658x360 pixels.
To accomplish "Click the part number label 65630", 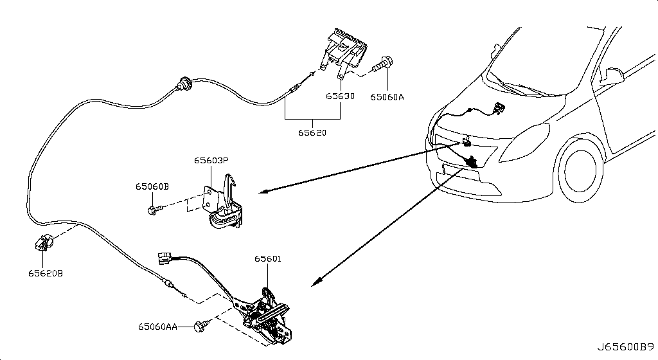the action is tap(340, 96).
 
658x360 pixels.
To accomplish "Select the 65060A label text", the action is tap(387, 97).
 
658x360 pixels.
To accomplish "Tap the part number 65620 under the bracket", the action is tap(312, 132).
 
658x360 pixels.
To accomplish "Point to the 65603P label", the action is tap(211, 160).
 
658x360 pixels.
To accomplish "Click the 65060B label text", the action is tap(152, 186).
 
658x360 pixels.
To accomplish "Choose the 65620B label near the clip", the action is tap(46, 273).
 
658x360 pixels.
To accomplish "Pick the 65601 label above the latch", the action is tap(268, 259).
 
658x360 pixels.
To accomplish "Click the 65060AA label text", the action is tap(158, 327).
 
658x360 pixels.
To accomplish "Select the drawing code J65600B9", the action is tap(626, 347).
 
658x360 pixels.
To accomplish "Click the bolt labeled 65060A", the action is tap(382, 64).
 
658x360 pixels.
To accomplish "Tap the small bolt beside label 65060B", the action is tap(154, 209).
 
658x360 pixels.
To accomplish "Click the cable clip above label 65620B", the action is tap(43, 242).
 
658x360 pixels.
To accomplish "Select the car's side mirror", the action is tap(612, 75).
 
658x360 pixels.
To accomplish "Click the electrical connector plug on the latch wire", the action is tap(164, 258).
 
